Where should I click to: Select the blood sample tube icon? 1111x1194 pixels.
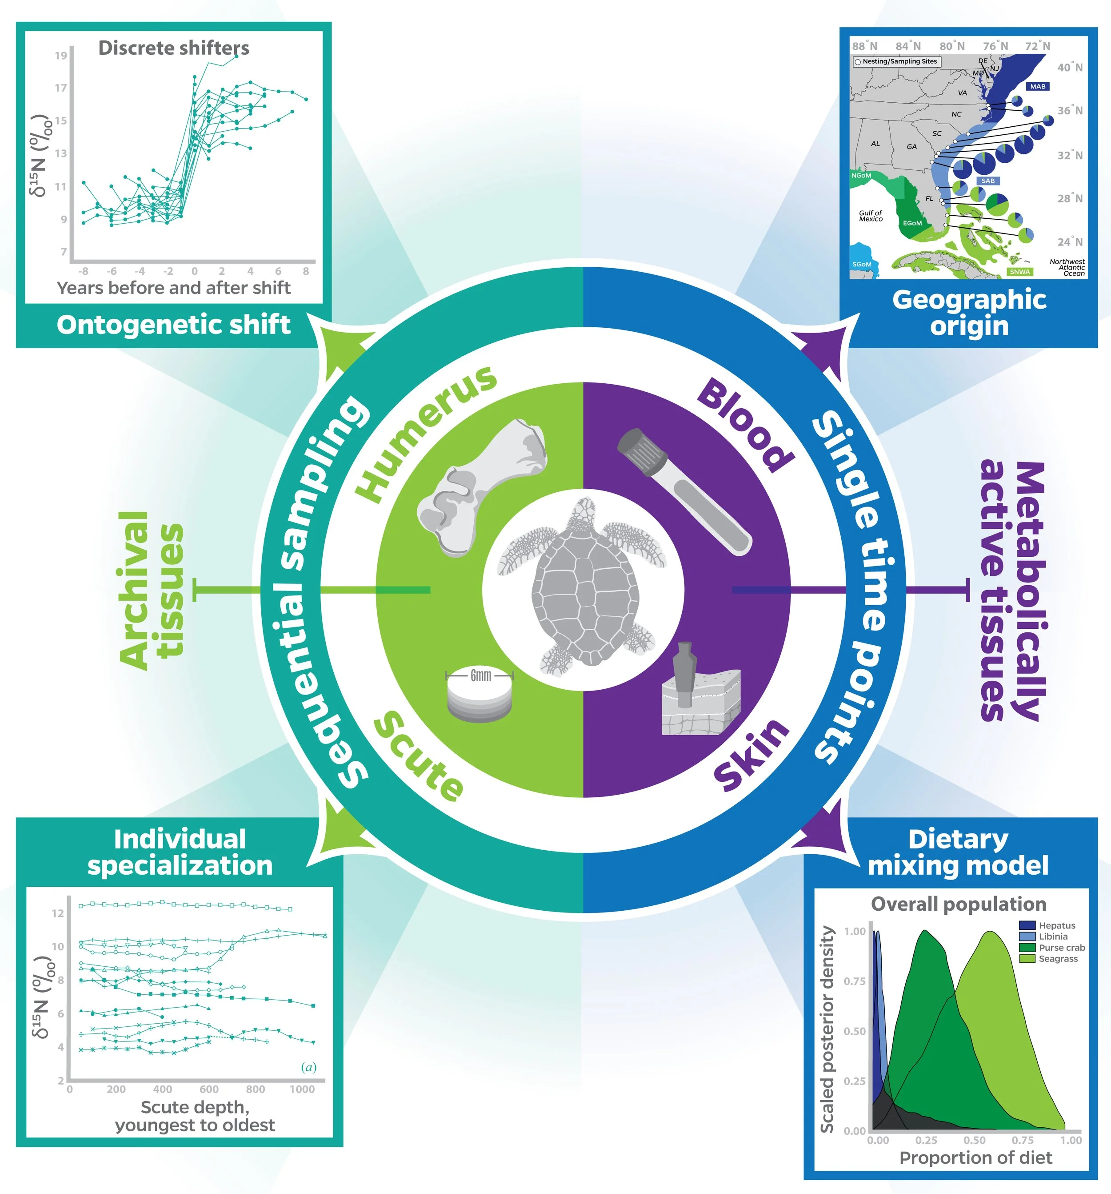[x=684, y=490]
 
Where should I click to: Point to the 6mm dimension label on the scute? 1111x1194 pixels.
[x=480, y=675]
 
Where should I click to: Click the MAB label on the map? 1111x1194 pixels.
[x=1038, y=86]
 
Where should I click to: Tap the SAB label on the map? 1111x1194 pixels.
[x=988, y=181]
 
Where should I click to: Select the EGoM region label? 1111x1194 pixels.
[x=912, y=223]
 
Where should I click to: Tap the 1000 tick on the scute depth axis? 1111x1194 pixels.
[x=302, y=1089]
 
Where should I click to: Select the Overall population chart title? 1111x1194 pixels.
[x=958, y=904]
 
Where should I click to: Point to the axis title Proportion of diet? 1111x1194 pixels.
[x=975, y=1158]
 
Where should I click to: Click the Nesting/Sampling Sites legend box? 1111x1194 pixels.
[x=895, y=61]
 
